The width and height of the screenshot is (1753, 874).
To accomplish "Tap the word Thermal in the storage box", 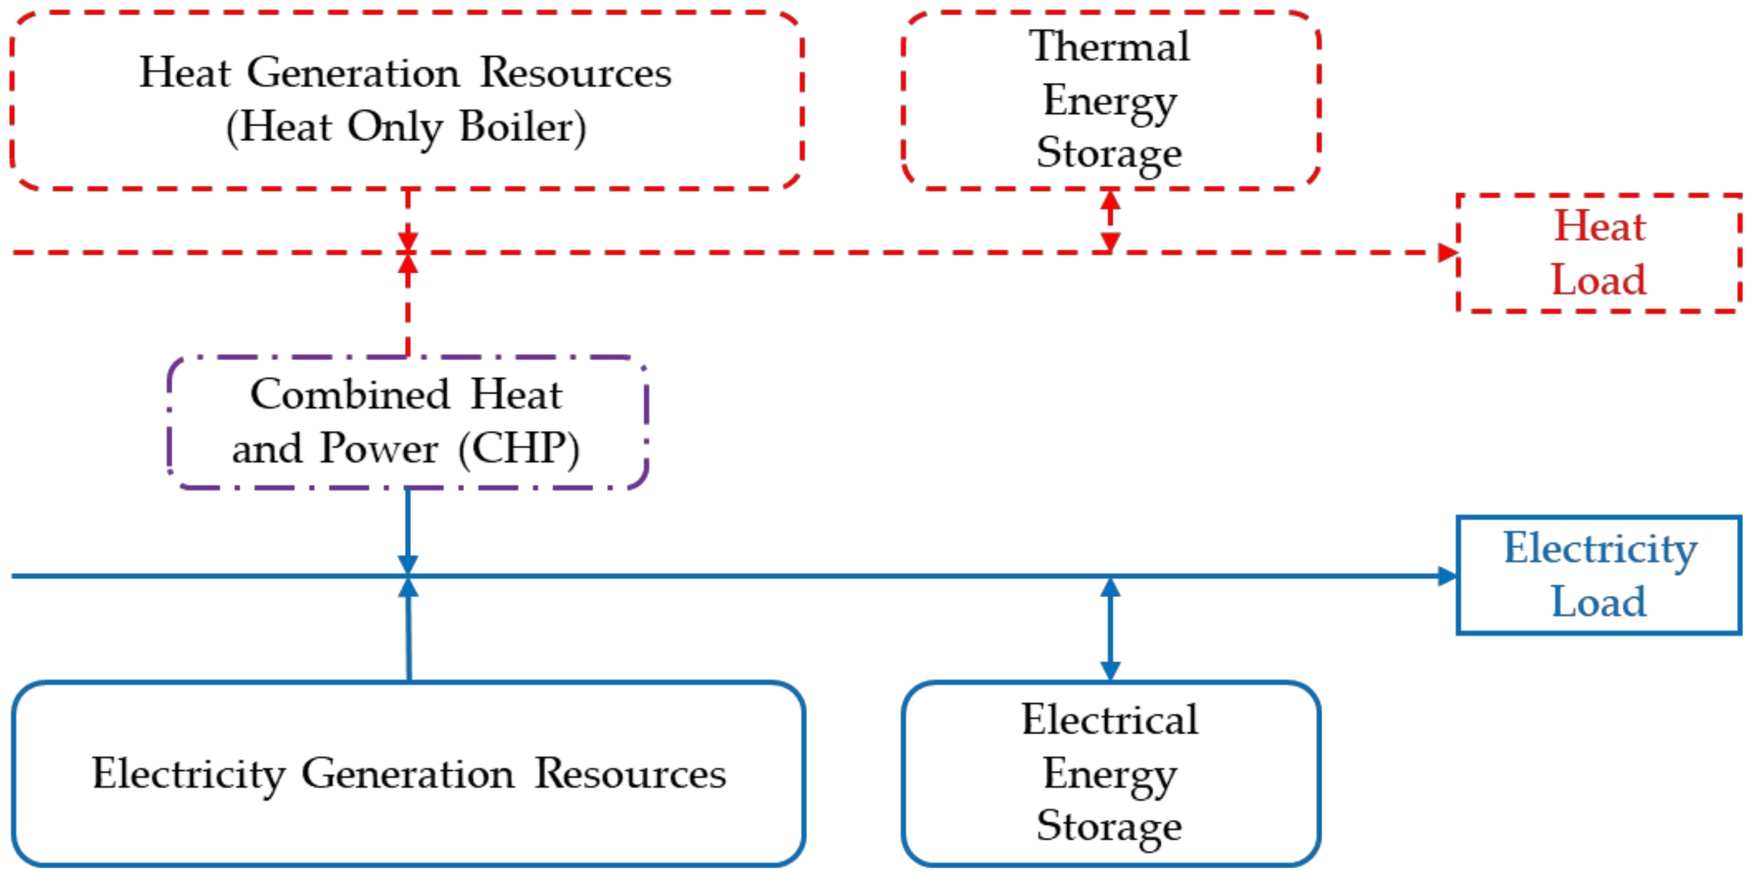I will tap(1110, 47).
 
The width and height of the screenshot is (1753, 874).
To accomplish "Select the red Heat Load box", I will tap(1598, 253).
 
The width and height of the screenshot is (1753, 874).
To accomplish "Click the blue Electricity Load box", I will tap(1598, 575).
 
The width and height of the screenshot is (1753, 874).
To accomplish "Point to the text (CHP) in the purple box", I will tap(519, 449).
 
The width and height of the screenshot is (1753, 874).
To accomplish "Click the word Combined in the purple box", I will tap(351, 395).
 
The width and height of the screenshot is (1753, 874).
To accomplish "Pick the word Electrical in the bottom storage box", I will tap(1110, 720).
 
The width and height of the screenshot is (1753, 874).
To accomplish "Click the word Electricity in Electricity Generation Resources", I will tap(188, 775).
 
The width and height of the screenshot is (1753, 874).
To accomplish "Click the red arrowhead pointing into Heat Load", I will tap(1447, 253).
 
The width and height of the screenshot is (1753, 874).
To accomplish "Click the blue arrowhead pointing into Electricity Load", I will tap(1447, 576).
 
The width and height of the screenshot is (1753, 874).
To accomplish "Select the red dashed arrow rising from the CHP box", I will tap(408, 306).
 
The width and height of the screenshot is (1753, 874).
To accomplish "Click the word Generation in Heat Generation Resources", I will tap(353, 73).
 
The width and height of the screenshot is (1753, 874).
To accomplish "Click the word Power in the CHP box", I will tap(379, 449).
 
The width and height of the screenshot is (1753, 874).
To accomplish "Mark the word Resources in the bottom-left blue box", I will tap(630, 775).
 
